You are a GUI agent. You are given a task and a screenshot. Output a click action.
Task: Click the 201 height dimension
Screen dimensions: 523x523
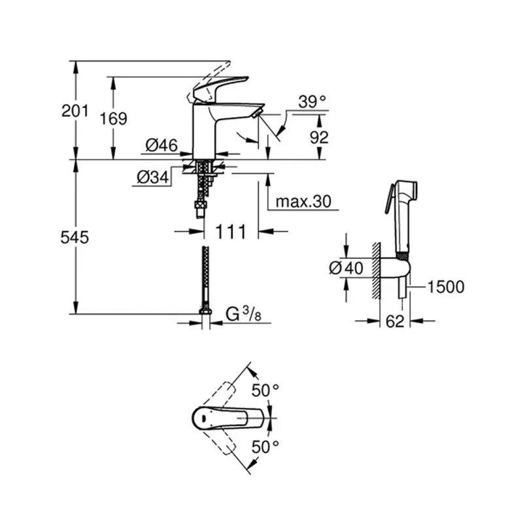75,111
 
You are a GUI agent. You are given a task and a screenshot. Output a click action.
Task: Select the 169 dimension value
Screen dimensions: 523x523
114,118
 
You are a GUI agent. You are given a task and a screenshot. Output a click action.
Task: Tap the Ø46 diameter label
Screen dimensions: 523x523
161,146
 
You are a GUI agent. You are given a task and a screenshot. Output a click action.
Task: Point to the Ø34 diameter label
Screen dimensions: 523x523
152,177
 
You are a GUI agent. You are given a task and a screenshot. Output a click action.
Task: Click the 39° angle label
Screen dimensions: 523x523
311,102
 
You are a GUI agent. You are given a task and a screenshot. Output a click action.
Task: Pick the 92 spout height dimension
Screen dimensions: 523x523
318,137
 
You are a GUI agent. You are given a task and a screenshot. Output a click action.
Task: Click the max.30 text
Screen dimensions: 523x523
303,201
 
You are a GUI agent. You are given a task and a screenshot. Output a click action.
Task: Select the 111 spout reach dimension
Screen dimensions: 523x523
231,231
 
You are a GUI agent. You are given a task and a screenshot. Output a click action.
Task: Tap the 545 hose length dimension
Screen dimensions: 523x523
75,237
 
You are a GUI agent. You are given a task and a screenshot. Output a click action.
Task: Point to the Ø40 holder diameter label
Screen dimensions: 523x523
345,268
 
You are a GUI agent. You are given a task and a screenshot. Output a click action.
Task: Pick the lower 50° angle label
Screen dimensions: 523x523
265,447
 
